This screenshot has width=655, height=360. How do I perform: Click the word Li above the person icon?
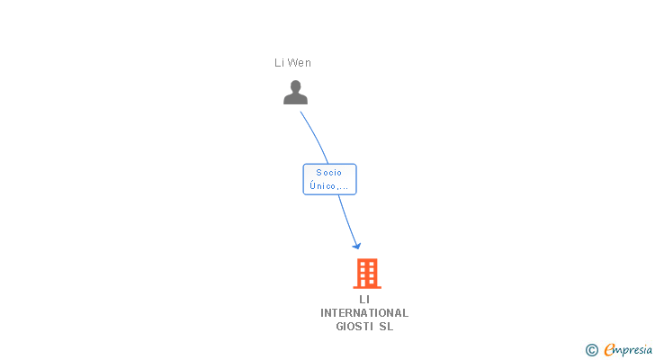pyautogui.click(x=279, y=63)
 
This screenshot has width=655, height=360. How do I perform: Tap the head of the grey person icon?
pyautogui.click(x=296, y=86)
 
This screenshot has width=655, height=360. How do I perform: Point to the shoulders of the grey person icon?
pyautogui.click(x=296, y=99)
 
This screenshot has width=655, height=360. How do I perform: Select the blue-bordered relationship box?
pyautogui.click(x=329, y=179)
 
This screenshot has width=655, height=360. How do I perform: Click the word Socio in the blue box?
pyautogui.click(x=329, y=173)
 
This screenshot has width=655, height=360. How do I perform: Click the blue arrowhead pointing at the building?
pyautogui.click(x=356, y=246)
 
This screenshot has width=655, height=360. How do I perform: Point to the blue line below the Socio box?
pyautogui.click(x=347, y=220)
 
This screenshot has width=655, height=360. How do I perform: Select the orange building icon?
pyautogui.click(x=367, y=274)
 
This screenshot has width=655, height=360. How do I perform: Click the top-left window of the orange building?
pyautogui.click(x=363, y=265)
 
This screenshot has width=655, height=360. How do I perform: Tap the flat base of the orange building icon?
pyautogui.click(x=367, y=287)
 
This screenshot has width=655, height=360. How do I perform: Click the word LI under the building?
pyautogui.click(x=364, y=300)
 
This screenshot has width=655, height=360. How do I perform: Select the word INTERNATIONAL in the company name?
pyautogui.click(x=364, y=313)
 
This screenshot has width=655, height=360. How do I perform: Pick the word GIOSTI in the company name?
pyautogui.click(x=354, y=326)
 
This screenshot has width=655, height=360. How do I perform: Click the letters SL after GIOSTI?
pyautogui.click(x=386, y=326)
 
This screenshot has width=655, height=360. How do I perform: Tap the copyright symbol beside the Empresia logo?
pyautogui.click(x=591, y=350)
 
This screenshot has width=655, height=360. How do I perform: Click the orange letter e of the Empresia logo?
pyautogui.click(x=610, y=349)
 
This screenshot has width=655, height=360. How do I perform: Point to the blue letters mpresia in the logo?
pyautogui.click(x=634, y=350)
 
